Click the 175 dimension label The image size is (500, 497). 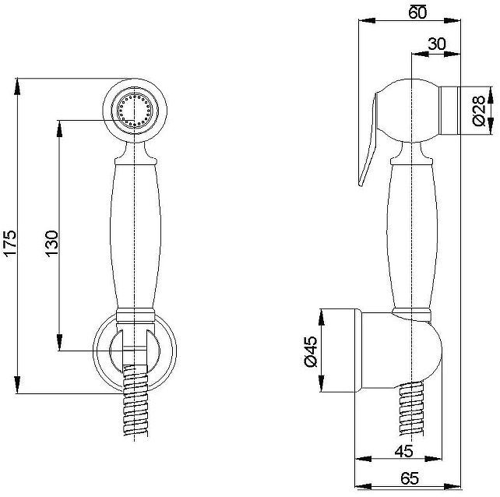pyautogui.click(x=10, y=243)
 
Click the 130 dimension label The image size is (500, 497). pyautogui.click(x=51, y=243)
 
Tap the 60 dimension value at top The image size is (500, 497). pyautogui.click(x=417, y=12)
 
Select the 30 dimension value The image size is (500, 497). pyautogui.click(x=437, y=44)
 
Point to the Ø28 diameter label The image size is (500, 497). pyautogui.click(x=479, y=111)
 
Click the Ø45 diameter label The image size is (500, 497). pyautogui.click(x=311, y=351)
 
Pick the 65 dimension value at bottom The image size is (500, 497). pyautogui.click(x=410, y=478)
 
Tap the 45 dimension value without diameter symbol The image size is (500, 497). pyautogui.click(x=403, y=451)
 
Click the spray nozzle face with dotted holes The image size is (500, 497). pyautogui.click(x=135, y=111)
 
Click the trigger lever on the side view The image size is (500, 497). pyautogui.click(x=368, y=139)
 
